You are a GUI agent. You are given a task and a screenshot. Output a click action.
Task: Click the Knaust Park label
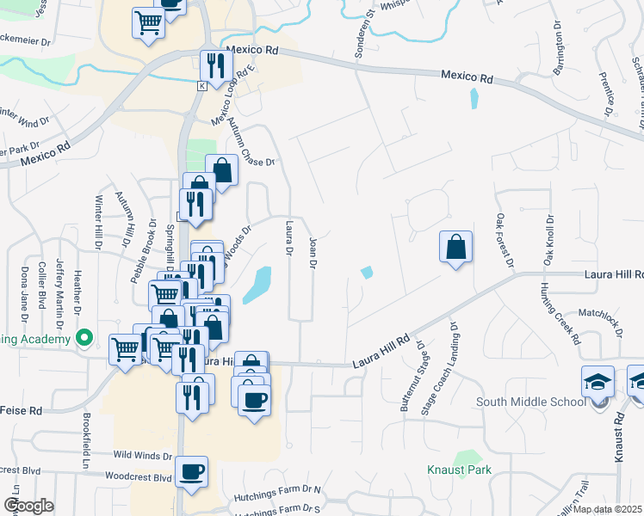(459, 470)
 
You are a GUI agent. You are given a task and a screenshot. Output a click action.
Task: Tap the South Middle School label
(530, 401)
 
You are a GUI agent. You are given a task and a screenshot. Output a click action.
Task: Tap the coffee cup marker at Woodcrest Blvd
(190, 472)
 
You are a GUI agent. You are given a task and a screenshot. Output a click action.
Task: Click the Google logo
(28, 506)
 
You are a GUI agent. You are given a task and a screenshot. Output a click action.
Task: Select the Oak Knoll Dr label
(548, 241)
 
